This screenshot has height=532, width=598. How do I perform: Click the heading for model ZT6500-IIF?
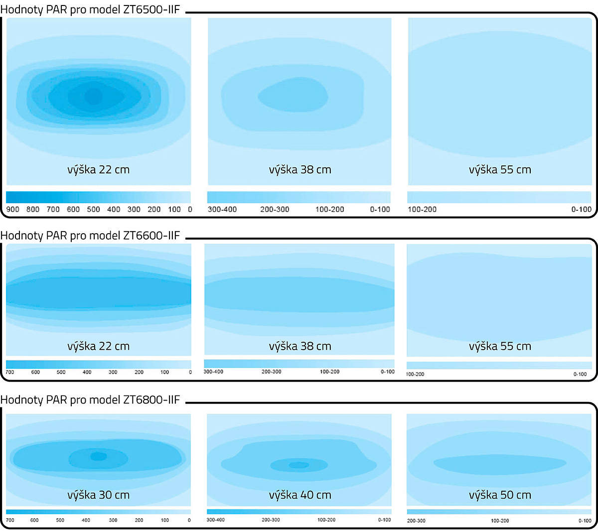(90, 9)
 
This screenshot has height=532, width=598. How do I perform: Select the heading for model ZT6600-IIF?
(90, 235)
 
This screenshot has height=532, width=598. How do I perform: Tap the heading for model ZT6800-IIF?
(90, 399)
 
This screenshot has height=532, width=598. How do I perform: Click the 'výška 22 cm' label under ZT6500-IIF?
(98, 169)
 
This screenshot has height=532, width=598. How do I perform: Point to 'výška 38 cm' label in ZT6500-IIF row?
(299, 169)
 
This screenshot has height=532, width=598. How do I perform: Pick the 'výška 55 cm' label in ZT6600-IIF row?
(500, 346)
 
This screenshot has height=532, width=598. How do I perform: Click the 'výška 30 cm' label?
(98, 495)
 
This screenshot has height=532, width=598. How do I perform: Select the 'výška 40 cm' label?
(299, 495)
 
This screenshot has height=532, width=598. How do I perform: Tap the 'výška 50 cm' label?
(500, 495)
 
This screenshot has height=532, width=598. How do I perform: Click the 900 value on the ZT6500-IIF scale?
(13, 209)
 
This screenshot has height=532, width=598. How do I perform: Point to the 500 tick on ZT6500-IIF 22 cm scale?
(94, 209)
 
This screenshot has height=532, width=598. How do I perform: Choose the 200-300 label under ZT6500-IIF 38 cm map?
(275, 209)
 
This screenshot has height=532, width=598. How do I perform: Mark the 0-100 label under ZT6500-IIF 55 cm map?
(581, 209)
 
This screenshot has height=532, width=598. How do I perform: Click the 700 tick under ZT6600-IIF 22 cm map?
(10, 372)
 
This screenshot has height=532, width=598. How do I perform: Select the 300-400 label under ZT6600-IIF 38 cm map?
(213, 372)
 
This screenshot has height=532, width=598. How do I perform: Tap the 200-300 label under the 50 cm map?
(416, 521)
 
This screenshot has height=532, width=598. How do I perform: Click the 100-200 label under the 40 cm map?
(326, 520)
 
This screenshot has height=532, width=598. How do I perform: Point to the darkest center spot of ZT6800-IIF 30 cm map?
(98, 456)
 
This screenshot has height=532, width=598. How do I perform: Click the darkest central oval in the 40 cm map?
(299, 465)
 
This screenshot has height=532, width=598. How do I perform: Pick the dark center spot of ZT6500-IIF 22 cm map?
(93, 96)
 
